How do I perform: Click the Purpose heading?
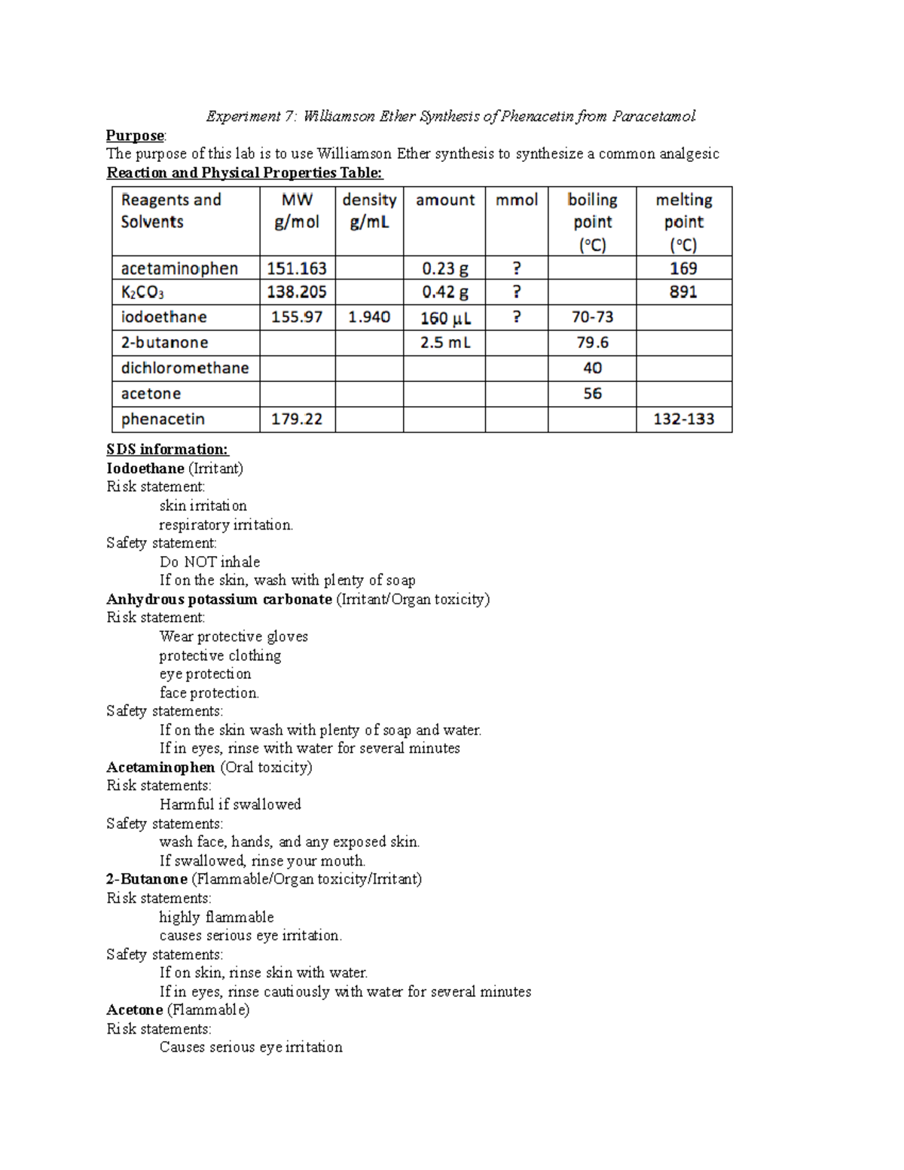pyautogui.click(x=135, y=136)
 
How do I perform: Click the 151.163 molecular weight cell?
pyautogui.click(x=297, y=268)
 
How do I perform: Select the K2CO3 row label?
pyautogui.click(x=142, y=292)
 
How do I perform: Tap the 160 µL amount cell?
pyautogui.click(x=445, y=318)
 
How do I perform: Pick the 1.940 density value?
pyautogui.click(x=369, y=317)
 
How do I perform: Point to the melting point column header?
pyautogui.click(x=683, y=221)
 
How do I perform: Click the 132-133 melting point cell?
pyautogui.click(x=683, y=419)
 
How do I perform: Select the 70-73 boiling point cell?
pyautogui.click(x=592, y=317)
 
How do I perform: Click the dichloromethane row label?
pyautogui.click(x=185, y=368)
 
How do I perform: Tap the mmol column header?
pyautogui.click(x=517, y=200)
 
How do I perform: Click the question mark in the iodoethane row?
pyautogui.click(x=517, y=317)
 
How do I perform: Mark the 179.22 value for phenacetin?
pyautogui.click(x=297, y=419)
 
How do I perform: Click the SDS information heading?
pyautogui.click(x=167, y=450)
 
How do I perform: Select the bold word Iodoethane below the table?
pyautogui.click(x=145, y=469)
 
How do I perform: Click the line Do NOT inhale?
pyautogui.click(x=209, y=562)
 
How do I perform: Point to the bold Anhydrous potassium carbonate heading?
pyautogui.click(x=219, y=600)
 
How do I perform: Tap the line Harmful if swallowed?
pyautogui.click(x=230, y=805)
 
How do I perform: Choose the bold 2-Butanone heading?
pyautogui.click(x=147, y=879)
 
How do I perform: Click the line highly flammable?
pyautogui.click(x=216, y=917)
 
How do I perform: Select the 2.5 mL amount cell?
pyautogui.click(x=445, y=343)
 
